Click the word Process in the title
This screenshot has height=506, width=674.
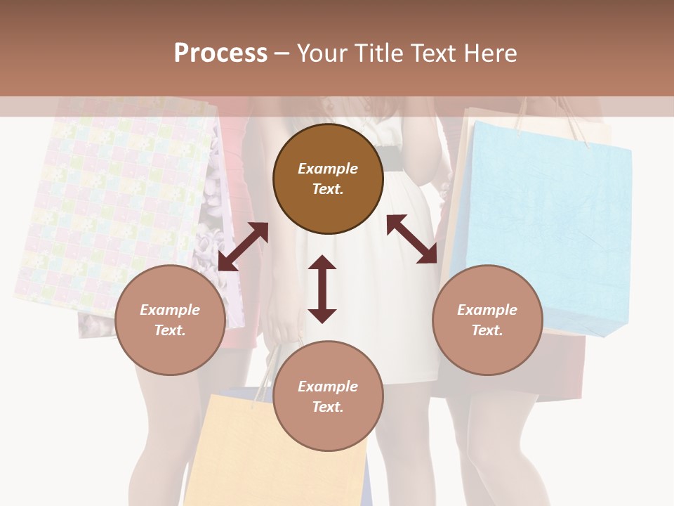pos(220,53)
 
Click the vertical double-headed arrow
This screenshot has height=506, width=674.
pos(322,289)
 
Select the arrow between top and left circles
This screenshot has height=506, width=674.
pos(243,247)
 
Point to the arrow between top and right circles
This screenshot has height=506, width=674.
pos(412,240)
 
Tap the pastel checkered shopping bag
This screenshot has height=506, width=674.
pos(112,204)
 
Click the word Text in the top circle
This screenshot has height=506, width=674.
pos(327,189)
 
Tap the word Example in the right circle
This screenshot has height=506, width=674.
pos(487,310)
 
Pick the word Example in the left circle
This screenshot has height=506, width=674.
pos(169,310)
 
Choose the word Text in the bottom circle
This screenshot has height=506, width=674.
pos(327,407)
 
